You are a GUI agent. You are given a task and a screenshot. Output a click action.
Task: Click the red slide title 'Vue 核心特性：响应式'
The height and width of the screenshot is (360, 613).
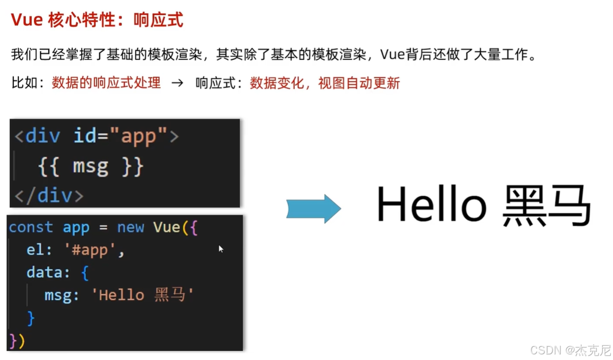(x=97, y=20)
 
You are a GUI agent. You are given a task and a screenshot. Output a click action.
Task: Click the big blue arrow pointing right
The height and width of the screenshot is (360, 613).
(x=313, y=208)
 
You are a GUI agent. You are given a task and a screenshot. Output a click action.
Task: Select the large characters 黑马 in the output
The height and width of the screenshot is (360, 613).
(x=546, y=206)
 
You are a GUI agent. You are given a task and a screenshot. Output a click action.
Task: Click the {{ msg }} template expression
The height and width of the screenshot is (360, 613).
(x=91, y=167)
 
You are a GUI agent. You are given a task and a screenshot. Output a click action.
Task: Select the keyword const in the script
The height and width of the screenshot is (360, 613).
(x=31, y=227)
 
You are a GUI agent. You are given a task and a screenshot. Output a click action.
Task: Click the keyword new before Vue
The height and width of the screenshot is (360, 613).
(x=131, y=227)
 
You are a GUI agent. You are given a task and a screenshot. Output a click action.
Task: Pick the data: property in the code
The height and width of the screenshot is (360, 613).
(x=48, y=273)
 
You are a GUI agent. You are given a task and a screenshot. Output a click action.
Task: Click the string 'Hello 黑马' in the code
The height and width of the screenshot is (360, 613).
(x=143, y=295)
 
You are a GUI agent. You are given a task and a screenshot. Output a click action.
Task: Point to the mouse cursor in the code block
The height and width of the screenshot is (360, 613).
(x=221, y=249)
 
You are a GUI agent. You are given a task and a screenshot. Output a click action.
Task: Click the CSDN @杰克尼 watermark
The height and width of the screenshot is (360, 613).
(x=570, y=350)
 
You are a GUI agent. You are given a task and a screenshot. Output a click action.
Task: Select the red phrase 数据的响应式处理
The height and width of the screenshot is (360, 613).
(x=106, y=83)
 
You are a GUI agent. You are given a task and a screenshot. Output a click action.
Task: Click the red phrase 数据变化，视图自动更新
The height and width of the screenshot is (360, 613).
(x=325, y=83)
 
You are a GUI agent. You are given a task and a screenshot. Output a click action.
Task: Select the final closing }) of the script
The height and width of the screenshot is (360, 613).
(x=17, y=340)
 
